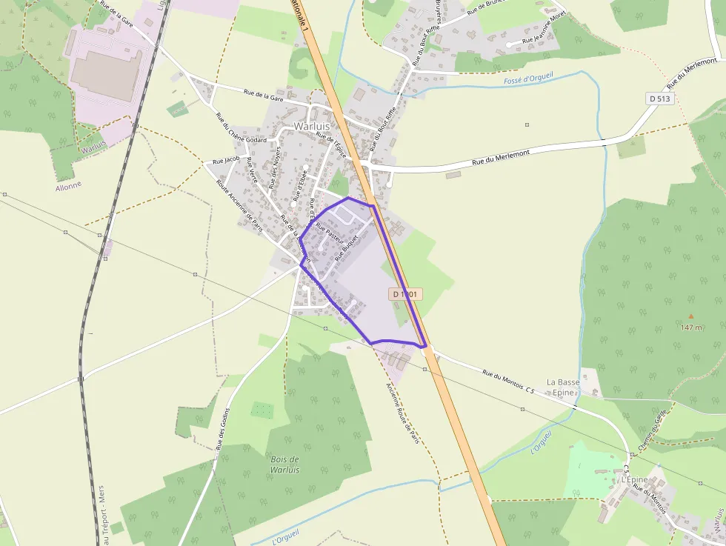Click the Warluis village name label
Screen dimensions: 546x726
(x=311, y=126)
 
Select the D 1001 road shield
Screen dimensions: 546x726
(x=405, y=294)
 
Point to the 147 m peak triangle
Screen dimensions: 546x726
(x=690, y=316)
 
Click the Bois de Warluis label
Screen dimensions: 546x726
(x=285, y=465)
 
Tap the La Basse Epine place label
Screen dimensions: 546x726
(x=563, y=387)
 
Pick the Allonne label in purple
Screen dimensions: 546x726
(x=68, y=187)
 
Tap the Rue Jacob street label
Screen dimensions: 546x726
(x=226, y=160)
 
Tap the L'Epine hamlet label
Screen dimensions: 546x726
(x=634, y=479)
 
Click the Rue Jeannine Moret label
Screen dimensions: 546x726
(x=544, y=38)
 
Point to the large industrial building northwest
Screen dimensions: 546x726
(x=107, y=75)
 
